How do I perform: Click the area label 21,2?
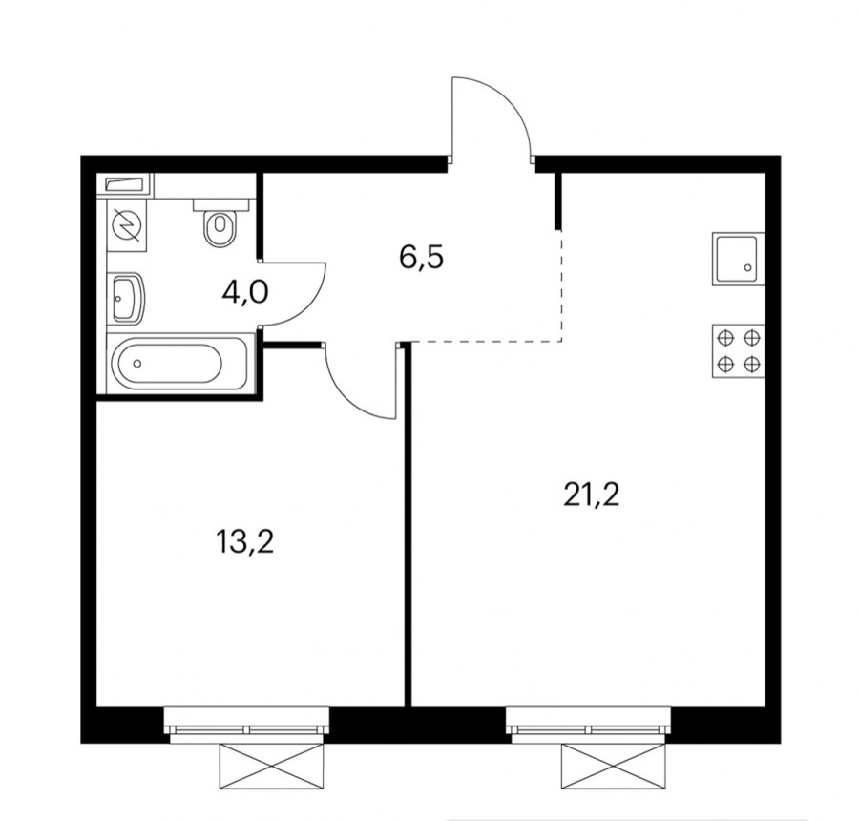pos(591,495)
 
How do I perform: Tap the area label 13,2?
pos(244,542)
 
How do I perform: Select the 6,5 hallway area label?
pos(421,258)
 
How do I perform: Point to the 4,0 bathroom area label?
pos(245,292)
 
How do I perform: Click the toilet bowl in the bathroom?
pos(220,228)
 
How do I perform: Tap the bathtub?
pos(179,362)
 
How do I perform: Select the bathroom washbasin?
pos(128,298)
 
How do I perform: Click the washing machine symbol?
pos(127,224)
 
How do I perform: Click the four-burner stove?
pos(738,351)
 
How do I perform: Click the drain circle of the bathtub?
pos(136,363)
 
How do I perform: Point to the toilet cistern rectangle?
pos(220,205)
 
